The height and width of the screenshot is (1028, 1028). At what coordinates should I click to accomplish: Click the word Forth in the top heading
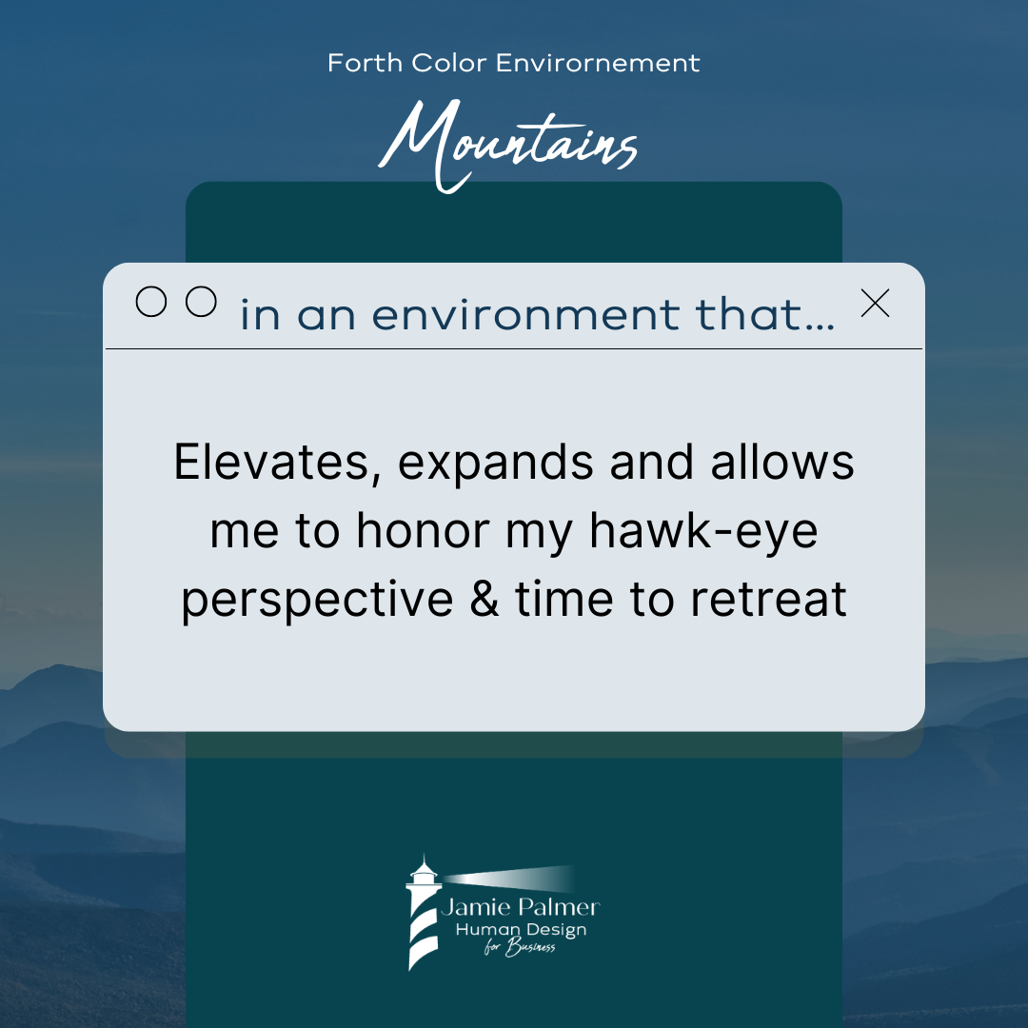click(365, 63)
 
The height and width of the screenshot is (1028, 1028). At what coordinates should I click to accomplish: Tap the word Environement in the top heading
click(598, 63)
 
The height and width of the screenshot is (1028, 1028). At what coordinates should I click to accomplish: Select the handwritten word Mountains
click(507, 146)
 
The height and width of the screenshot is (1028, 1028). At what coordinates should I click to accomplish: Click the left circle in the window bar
click(150, 302)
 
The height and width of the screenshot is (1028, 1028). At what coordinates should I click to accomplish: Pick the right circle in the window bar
click(201, 302)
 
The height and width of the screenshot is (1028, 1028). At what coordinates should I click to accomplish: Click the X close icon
click(876, 303)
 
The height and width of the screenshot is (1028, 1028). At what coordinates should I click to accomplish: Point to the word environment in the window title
click(526, 314)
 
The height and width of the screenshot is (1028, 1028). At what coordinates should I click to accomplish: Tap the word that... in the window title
click(765, 314)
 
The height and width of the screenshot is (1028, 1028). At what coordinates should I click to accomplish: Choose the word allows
click(782, 463)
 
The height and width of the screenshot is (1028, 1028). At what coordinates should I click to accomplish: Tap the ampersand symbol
click(484, 599)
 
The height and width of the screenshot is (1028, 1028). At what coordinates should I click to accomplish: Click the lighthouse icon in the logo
click(423, 912)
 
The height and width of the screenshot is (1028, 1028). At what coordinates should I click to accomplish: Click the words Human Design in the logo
click(521, 930)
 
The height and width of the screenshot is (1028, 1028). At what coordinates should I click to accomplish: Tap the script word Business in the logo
click(530, 947)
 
